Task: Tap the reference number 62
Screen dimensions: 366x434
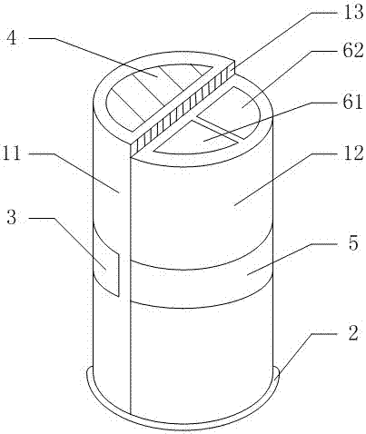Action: [353, 50]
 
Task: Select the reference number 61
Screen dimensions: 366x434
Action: [353, 102]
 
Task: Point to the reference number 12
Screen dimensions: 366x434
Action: [353, 153]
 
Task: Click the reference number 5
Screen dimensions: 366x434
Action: [353, 242]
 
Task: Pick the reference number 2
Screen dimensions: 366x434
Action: [353, 333]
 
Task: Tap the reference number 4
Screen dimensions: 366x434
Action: [12, 37]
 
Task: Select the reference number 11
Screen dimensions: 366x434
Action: [12, 153]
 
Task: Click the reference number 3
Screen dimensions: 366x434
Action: [12, 217]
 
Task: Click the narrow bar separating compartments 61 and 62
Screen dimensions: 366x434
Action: [217, 130]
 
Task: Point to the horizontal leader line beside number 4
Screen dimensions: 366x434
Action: [42, 38]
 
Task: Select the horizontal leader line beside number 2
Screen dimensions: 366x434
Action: [323, 334]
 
